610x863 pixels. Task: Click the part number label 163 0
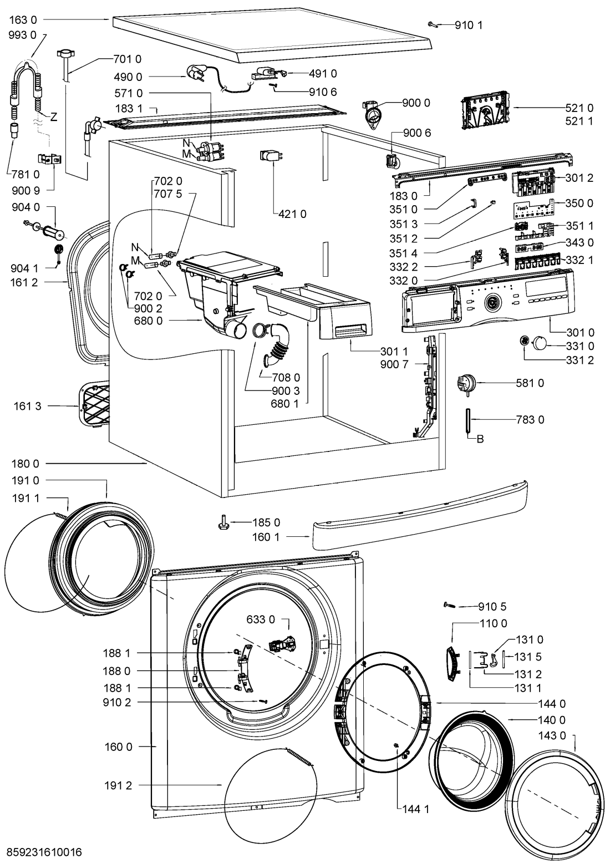click(x=23, y=19)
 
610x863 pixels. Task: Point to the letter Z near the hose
click(x=54, y=117)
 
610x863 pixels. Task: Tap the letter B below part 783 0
click(x=480, y=439)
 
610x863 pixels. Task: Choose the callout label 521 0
click(x=581, y=108)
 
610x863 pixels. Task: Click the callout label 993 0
click(x=23, y=34)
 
